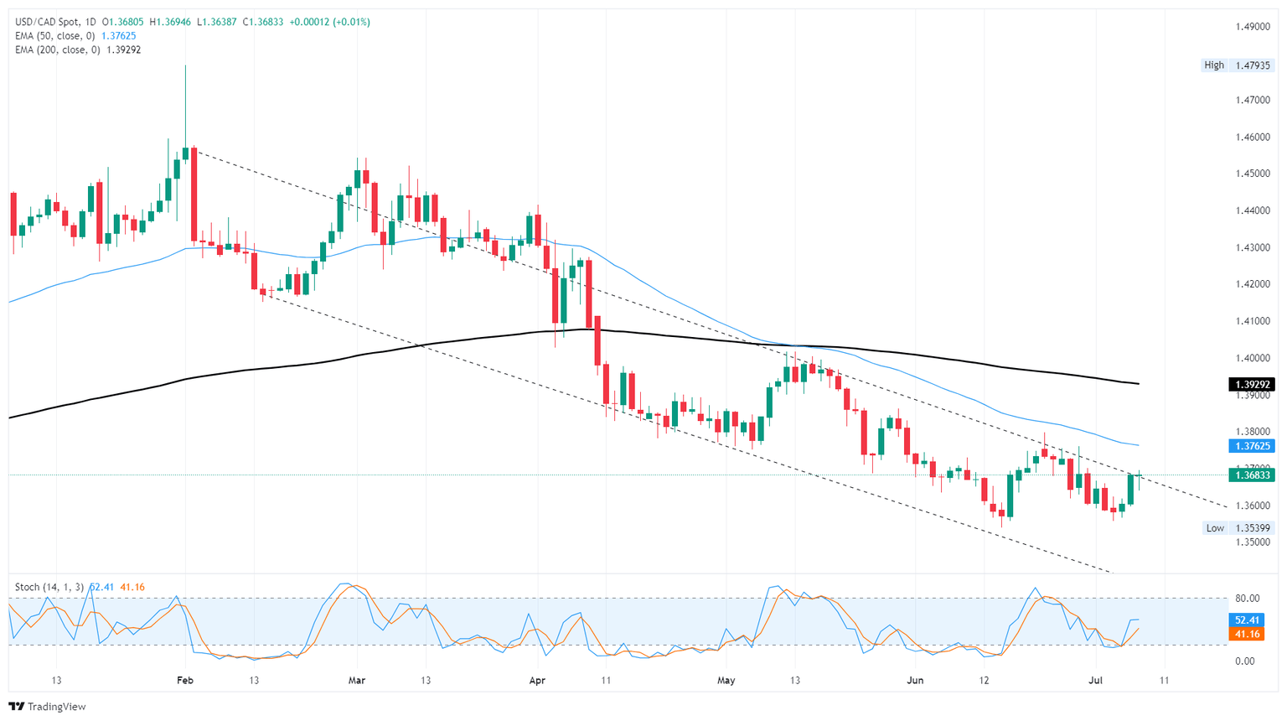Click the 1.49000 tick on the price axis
[x=1253, y=26]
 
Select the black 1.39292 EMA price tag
[x=1252, y=385]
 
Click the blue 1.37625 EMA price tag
[x=1252, y=446]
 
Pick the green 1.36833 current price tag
[x=1252, y=475]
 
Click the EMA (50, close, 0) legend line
[x=75, y=36]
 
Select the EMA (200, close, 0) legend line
[x=78, y=49]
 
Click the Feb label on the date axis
[x=185, y=680]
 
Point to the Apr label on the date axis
[x=537, y=680]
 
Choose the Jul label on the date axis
[x=1096, y=680]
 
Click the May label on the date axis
[x=726, y=680]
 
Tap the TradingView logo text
[x=48, y=707]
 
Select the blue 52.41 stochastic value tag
[x=1247, y=620]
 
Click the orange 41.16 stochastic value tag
[x=1247, y=634]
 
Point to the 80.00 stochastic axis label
[x=1247, y=599]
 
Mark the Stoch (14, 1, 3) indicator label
[x=49, y=587]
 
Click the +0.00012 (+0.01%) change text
[x=329, y=22]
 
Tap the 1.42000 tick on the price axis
[x=1253, y=284]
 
